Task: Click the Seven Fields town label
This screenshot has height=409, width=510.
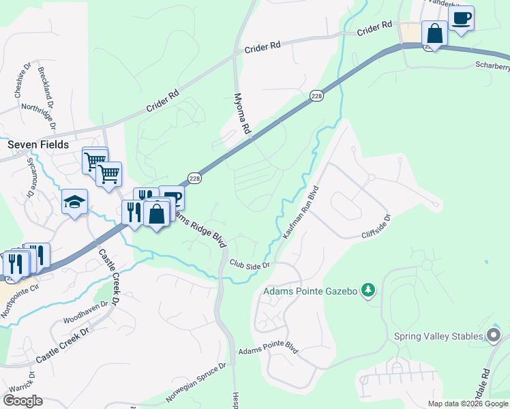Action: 38,145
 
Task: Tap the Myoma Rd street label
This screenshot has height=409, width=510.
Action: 242,113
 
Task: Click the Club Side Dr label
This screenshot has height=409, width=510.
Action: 250,264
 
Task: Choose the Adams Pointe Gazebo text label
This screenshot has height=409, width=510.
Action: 310,291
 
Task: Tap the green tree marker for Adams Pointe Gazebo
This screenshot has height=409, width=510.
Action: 368,290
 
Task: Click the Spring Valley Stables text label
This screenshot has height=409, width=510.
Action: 438,336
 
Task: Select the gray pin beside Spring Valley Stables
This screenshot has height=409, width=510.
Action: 493,335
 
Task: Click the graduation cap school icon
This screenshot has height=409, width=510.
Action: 75,202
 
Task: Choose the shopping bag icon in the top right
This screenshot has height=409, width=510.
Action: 434,33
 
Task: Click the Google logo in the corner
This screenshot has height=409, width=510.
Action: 22,401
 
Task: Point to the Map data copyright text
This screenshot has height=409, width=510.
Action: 468,404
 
